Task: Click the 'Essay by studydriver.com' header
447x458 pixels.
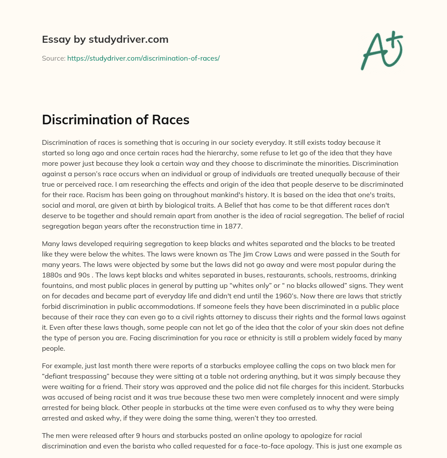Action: tap(105, 40)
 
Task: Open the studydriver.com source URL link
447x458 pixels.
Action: tap(143, 58)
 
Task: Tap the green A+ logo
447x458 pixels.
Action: tap(381, 50)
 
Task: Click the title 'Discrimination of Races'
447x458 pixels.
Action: tap(115, 120)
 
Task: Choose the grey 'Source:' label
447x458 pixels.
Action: tap(53, 58)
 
